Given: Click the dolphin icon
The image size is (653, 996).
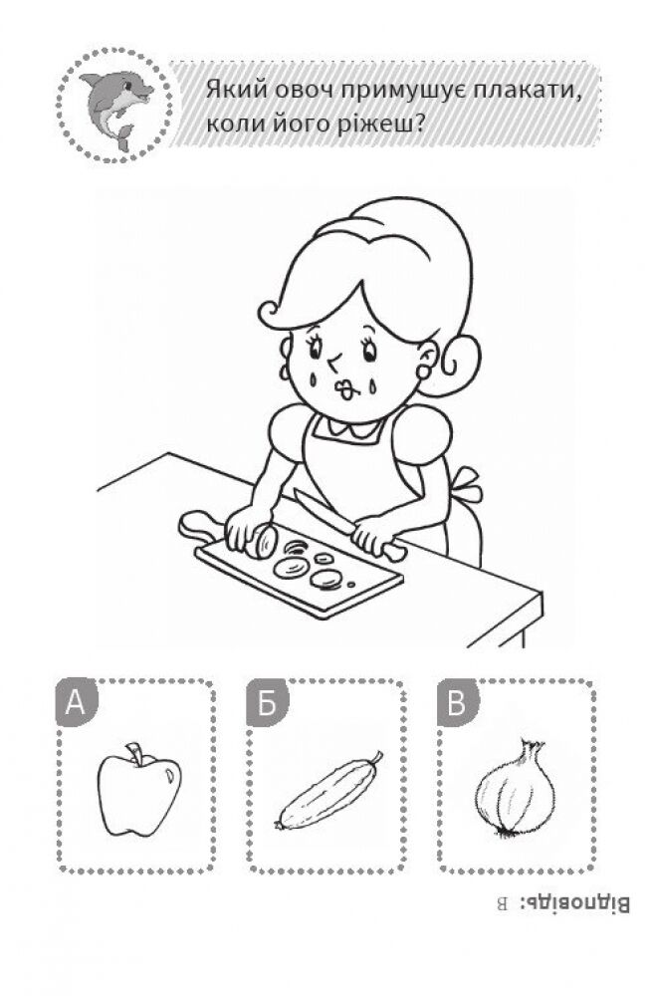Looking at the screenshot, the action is click(116, 106).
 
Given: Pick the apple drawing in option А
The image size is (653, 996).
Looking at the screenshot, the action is click(139, 789).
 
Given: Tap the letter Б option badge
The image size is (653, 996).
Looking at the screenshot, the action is click(267, 703).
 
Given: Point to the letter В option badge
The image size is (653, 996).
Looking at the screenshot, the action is click(458, 703).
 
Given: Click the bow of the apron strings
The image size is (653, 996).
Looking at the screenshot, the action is click(468, 485).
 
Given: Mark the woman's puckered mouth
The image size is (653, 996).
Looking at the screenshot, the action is click(345, 390).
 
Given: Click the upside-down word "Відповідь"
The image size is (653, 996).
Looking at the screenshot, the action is click(575, 904).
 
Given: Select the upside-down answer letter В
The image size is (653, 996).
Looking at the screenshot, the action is click(502, 904).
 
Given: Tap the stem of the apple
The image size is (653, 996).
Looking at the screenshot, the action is click(134, 752).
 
